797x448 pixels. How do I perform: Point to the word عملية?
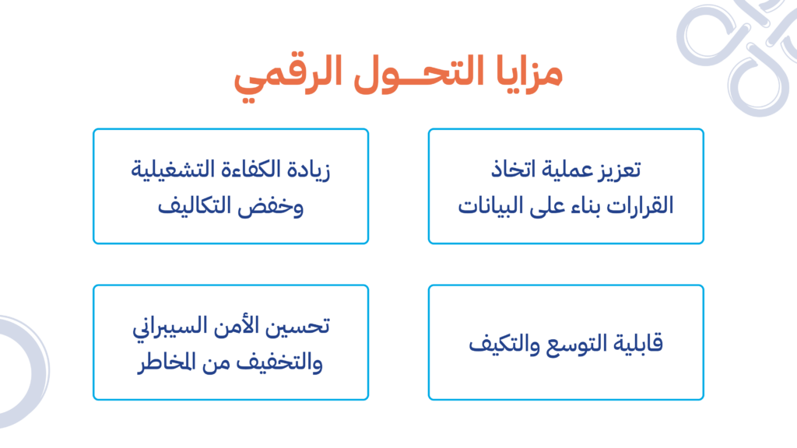(x=563, y=170)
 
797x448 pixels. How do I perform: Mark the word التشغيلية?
(x=172, y=170)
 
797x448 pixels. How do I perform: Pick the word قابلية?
(x=638, y=344)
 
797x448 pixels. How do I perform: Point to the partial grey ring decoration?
(x=38, y=371)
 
